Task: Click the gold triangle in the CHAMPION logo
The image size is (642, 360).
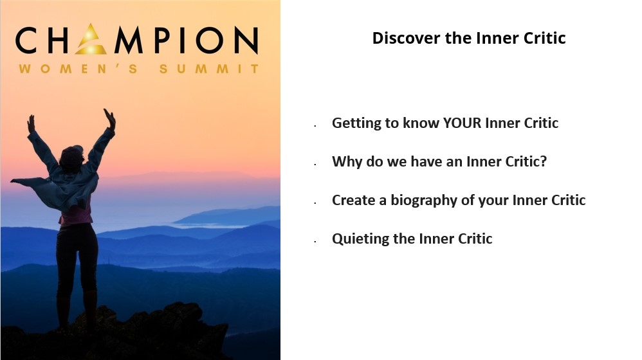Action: (x=91, y=40)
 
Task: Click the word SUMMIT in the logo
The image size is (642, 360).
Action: (x=209, y=69)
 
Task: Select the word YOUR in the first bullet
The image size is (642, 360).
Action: (x=463, y=123)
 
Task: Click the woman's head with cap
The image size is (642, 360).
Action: (x=72, y=156)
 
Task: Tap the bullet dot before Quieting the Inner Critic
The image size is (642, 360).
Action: (x=315, y=242)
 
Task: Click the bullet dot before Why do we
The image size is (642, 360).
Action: (x=315, y=165)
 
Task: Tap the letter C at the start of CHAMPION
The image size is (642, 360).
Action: (x=26, y=40)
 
